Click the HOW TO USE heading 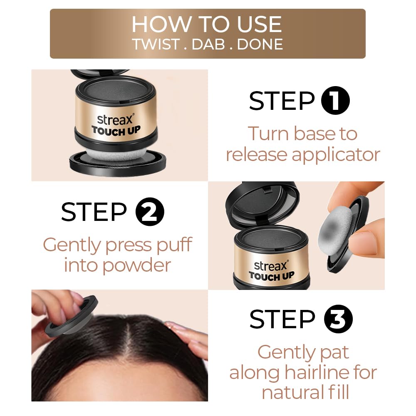click(x=207, y=25)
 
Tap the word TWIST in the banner click(x=156, y=45)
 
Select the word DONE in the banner click(x=260, y=45)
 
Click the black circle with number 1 click(x=335, y=101)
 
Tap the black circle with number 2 click(x=150, y=212)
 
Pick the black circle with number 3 click(x=338, y=319)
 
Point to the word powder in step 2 click(x=136, y=266)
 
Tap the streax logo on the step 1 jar click(x=115, y=119)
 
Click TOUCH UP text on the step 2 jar click(x=272, y=276)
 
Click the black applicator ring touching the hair click(x=71, y=317)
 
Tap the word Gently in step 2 click(x=72, y=245)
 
